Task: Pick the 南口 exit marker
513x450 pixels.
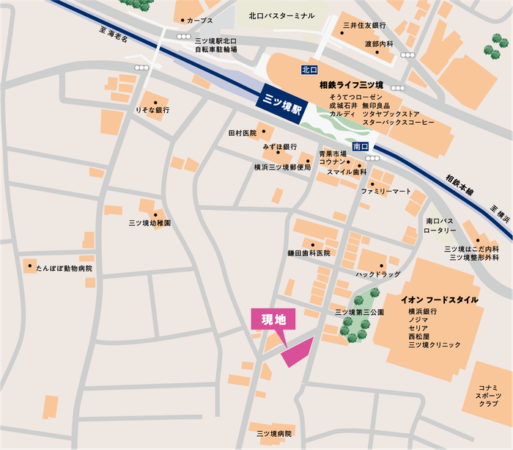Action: point(360,147)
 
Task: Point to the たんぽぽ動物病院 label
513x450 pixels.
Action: point(64,269)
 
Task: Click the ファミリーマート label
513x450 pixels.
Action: point(386,191)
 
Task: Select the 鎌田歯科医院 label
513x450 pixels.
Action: point(309,253)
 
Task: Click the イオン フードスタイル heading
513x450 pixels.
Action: point(440,300)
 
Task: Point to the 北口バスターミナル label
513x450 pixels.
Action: point(281,15)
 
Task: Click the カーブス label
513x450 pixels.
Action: point(200,21)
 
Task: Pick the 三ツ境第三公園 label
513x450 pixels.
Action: point(359,312)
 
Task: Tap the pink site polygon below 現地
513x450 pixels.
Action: point(296,352)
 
